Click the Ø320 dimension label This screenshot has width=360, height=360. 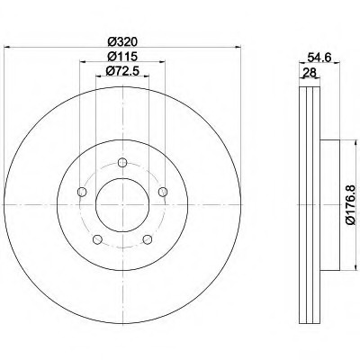coord(122,41)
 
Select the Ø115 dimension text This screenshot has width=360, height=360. coord(122,57)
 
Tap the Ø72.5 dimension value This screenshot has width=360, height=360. coord(122,71)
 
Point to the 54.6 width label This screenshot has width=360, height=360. coord(319,57)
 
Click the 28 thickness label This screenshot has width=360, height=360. coord(310,72)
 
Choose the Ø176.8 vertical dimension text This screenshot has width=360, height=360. coord(350,204)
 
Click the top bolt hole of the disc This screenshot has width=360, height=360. coord(122,163)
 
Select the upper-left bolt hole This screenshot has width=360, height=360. coord(82,192)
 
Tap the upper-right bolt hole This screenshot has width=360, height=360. coord(163,192)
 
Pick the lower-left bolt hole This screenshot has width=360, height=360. coord(97,239)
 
